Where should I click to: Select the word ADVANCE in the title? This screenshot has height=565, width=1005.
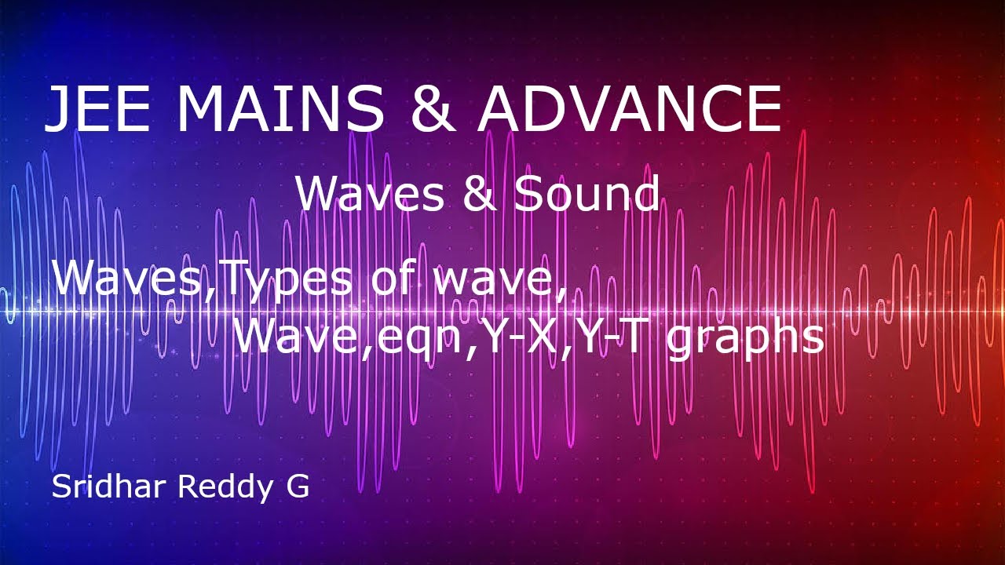pyautogui.click(x=629, y=109)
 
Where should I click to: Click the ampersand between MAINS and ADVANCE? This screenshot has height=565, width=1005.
pyautogui.click(x=431, y=109)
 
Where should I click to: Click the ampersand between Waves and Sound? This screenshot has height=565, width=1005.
pyautogui.click(x=479, y=194)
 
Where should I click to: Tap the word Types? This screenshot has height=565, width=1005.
pyautogui.click(x=287, y=279)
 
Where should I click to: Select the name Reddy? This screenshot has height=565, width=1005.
pyautogui.click(x=222, y=488)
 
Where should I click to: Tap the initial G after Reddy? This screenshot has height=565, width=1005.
pyautogui.click(x=298, y=487)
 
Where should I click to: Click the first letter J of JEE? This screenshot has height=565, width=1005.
pyautogui.click(x=57, y=109)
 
